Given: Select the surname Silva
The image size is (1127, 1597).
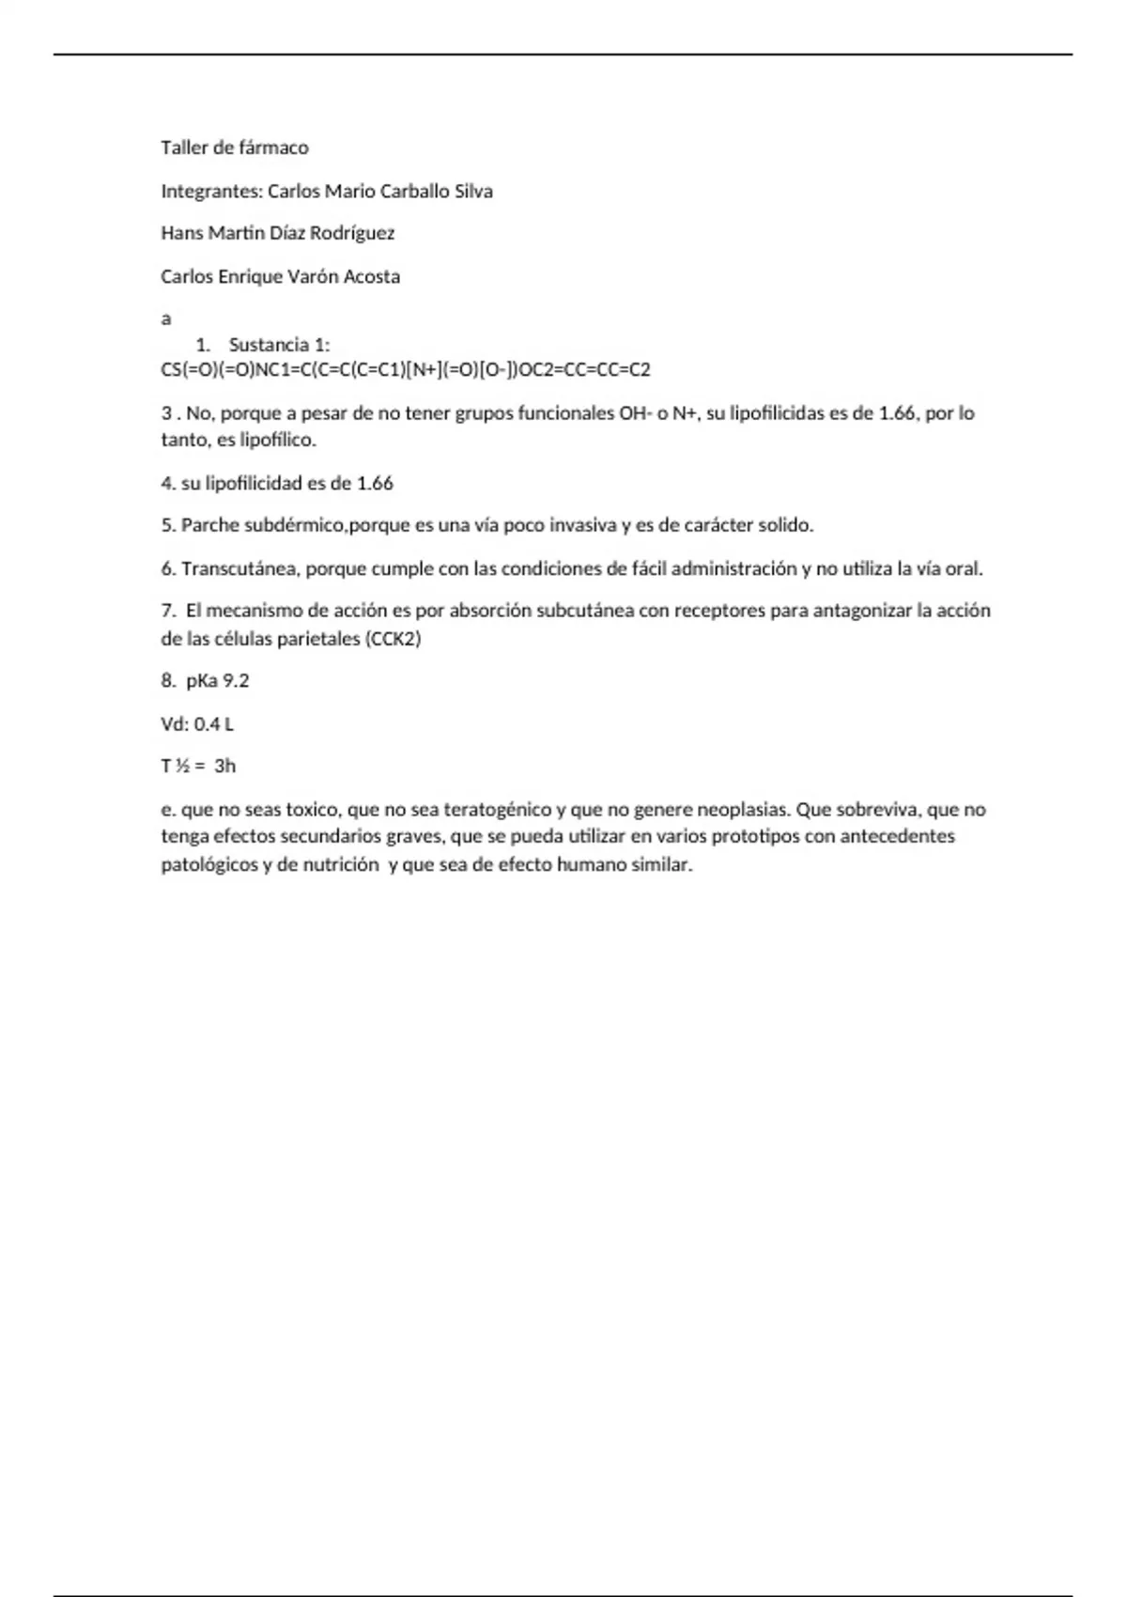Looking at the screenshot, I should pos(473,191).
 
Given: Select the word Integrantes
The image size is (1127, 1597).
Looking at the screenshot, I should pos(211,191).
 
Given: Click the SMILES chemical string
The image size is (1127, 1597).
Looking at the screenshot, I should pos(406,369).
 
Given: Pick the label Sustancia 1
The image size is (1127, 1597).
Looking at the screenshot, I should pos(279,345).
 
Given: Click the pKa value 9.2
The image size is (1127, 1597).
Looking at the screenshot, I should pos(236,681).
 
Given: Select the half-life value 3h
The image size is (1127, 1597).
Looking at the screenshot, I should pos(225,767).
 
